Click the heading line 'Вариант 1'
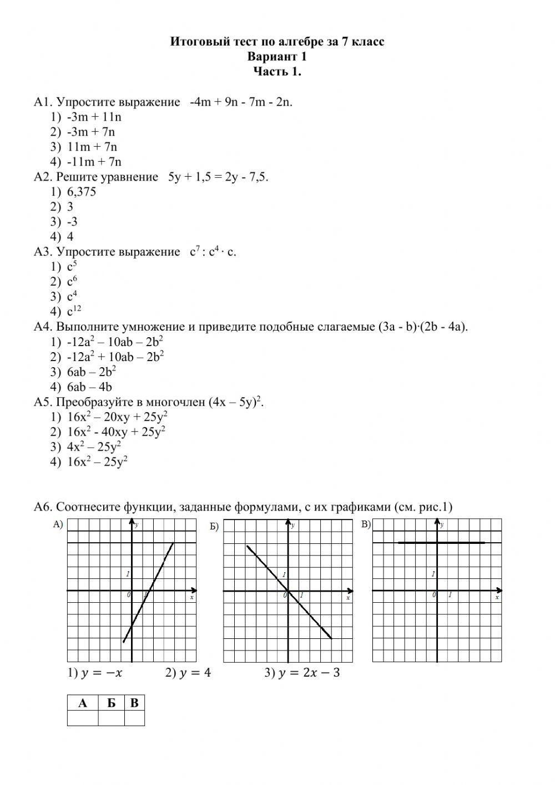point(277,57)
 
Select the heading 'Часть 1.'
point(277,72)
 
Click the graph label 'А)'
point(58,524)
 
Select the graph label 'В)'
point(366,524)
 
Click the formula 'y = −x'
point(101,673)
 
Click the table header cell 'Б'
point(112,703)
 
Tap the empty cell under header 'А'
point(83,719)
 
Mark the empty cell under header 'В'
point(134,719)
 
